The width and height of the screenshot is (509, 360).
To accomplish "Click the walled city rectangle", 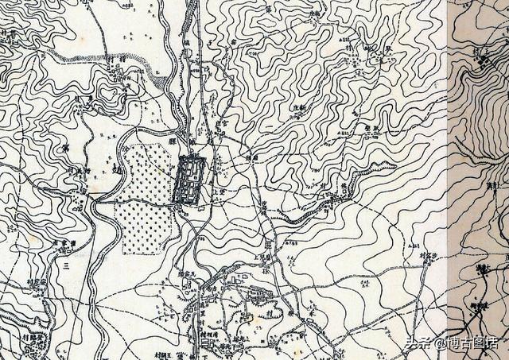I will pyautogui.click(x=190, y=180).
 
